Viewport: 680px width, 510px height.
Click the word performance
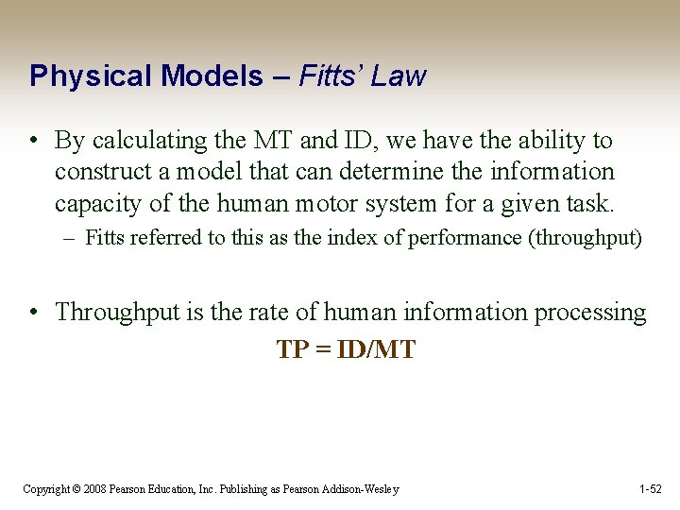click(465, 238)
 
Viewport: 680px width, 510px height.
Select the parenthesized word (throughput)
click(586, 238)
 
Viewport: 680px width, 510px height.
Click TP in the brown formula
click(292, 350)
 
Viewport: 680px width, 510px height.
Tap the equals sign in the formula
click(320, 350)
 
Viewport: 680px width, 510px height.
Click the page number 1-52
click(651, 489)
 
